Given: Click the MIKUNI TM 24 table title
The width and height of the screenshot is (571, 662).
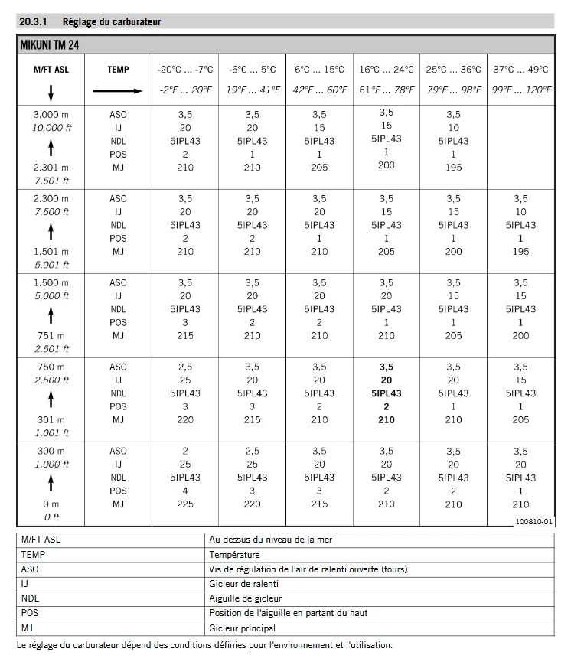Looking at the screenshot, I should coord(51,45).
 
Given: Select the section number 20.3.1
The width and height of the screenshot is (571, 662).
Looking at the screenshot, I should coord(34,22).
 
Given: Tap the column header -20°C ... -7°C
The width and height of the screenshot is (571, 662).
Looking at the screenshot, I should coord(185,69).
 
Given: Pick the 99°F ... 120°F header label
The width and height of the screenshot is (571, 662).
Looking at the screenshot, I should coord(521,90).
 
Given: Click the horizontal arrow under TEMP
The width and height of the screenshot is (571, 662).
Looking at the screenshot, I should coord(118,90).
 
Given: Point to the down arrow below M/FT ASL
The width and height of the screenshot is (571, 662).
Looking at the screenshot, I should coord(51,92).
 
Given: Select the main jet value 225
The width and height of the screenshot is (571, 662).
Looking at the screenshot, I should coord(185,504).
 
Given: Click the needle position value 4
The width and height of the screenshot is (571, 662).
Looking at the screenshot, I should coord(185,491).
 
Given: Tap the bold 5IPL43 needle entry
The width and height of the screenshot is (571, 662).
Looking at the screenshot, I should coord(387,393).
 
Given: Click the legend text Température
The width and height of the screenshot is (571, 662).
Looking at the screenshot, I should coord(234,554).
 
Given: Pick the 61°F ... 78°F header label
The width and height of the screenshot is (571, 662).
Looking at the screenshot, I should coord(387,90).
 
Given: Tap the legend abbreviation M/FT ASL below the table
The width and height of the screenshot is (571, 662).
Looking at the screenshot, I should coord(41,540).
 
